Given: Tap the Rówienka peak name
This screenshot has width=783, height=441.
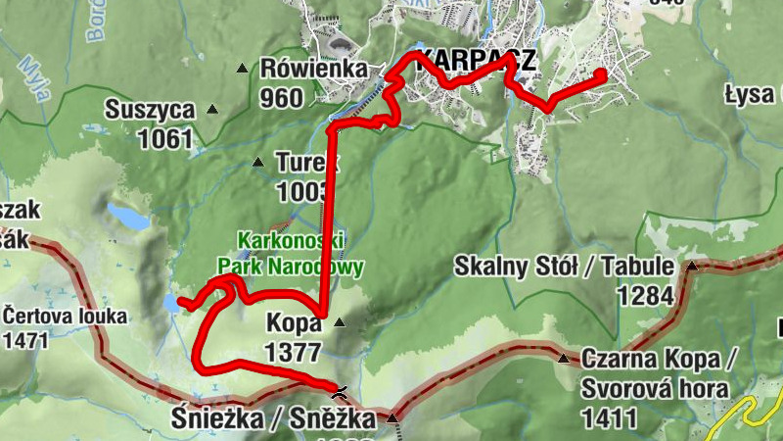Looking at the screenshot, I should pyautogui.click(x=313, y=69).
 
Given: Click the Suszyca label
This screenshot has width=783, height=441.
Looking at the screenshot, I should pyautogui.click(x=151, y=110).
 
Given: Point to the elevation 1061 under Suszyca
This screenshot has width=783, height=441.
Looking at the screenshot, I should pyautogui.click(x=165, y=138).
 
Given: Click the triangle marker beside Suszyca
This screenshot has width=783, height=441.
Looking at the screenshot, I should pyautogui.click(x=212, y=110).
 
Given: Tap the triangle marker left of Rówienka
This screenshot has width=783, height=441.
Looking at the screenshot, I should pyautogui.click(x=244, y=69).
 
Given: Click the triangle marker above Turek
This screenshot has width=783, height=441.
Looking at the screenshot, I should pyautogui.click(x=258, y=163).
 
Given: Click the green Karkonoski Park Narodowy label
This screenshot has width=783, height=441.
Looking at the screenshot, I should pyautogui.click(x=291, y=253).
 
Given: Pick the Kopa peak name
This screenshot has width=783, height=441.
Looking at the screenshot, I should pyautogui.click(x=293, y=323).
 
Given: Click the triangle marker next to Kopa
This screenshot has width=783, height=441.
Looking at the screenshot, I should pyautogui.click(x=340, y=322).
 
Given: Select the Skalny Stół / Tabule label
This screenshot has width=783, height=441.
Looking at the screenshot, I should pyautogui.click(x=566, y=267).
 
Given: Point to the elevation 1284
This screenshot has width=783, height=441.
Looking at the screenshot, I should pyautogui.click(x=645, y=295).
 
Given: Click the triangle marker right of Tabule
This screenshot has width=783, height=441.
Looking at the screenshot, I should pyautogui.click(x=692, y=266).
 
